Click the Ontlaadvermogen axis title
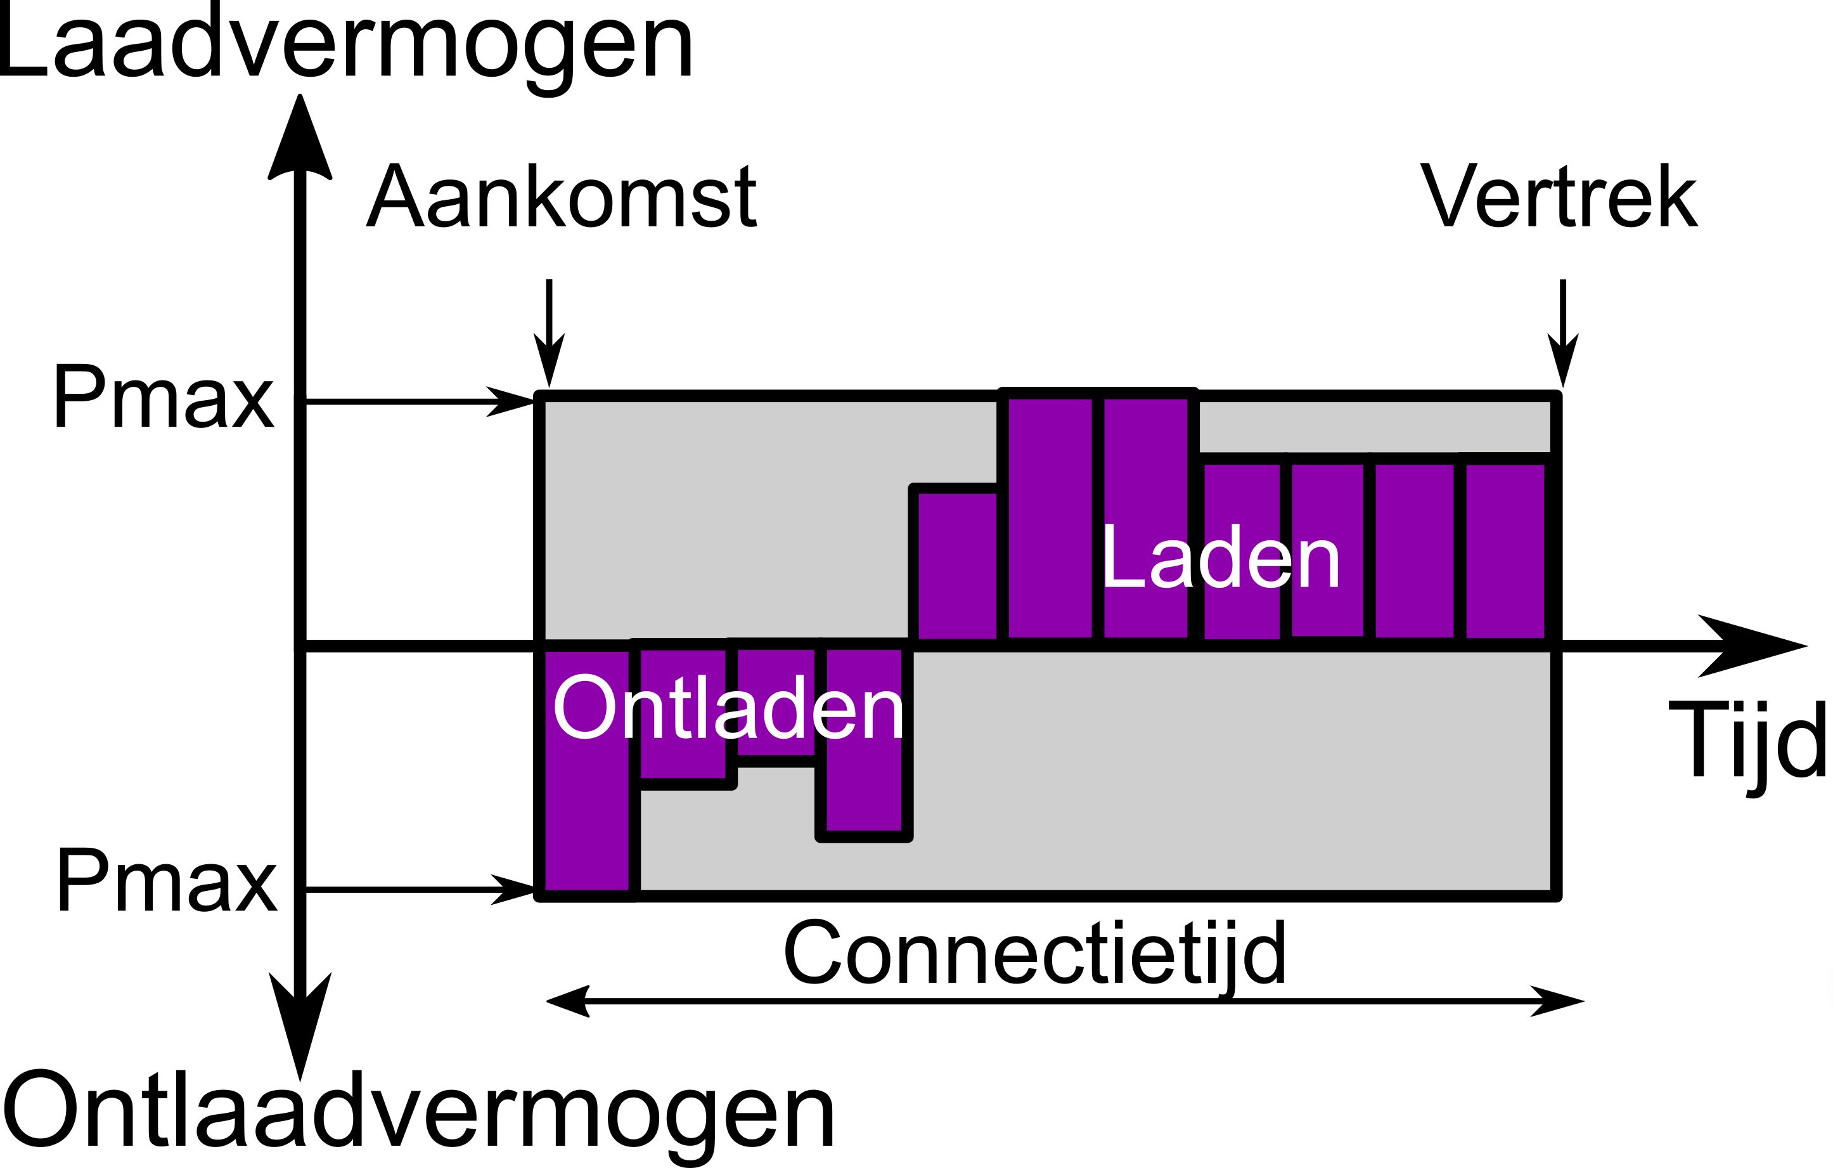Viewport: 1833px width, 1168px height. pos(419,1113)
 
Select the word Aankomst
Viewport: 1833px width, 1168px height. pos(561,197)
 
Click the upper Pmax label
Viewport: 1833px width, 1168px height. pos(163,398)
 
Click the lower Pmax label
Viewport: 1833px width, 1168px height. pos(166,882)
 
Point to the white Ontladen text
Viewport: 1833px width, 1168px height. pos(728,708)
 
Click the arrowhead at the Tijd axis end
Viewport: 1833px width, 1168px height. pos(1751,646)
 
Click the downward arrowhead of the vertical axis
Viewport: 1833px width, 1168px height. pos(300,1020)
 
